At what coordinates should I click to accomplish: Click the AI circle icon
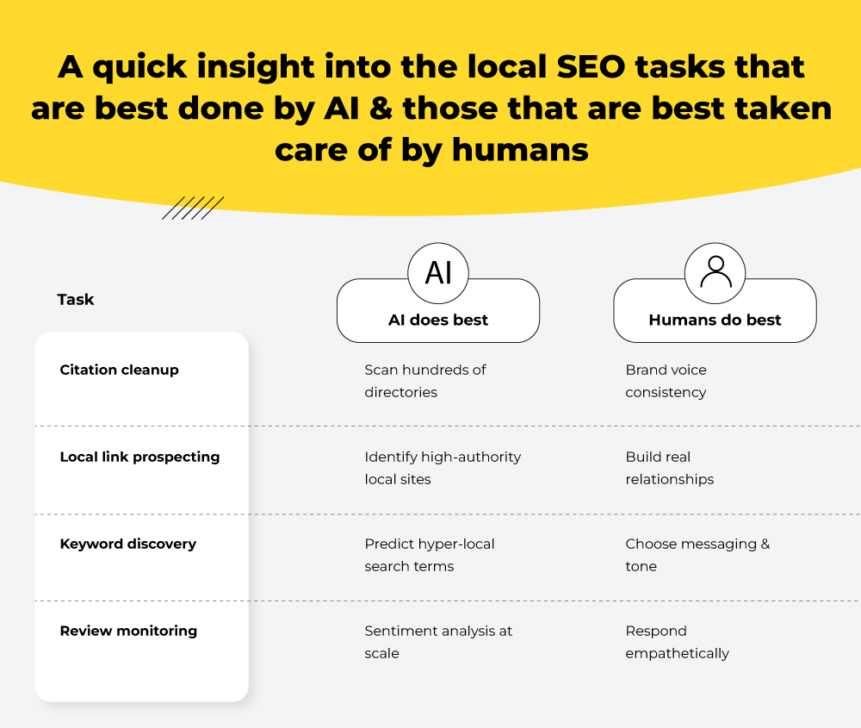(438, 272)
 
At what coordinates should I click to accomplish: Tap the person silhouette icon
(715, 272)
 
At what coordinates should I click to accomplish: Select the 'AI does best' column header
(438, 320)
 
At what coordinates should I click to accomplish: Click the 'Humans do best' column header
(715, 320)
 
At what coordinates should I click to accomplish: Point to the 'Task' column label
(76, 300)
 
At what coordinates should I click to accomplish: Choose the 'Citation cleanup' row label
(119, 370)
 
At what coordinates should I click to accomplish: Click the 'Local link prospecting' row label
(139, 457)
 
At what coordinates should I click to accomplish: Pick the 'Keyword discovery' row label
(127, 544)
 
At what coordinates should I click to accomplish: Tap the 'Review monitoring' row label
(128, 632)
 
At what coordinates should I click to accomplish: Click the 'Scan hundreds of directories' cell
(424, 381)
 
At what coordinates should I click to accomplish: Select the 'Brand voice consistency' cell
(666, 381)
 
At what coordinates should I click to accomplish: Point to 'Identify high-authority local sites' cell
(443, 468)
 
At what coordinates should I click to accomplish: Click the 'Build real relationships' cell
(669, 468)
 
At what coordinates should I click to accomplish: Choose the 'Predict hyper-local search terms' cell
(429, 555)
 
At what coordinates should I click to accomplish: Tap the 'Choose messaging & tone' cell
(697, 555)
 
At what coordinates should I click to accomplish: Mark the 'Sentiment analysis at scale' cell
(438, 642)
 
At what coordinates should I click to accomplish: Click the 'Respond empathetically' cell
(677, 642)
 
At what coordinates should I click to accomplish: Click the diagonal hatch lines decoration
(193, 208)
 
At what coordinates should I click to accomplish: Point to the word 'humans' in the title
(520, 149)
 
